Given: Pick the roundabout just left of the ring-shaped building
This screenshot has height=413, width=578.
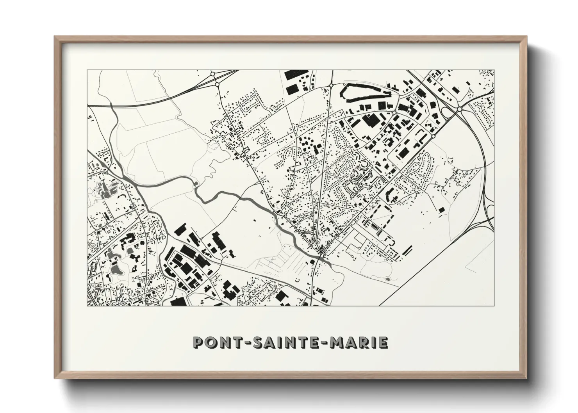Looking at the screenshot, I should coord(331,85).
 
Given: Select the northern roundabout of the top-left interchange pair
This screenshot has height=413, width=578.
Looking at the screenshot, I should coord(212,73).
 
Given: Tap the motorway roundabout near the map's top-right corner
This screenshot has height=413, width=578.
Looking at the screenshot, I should coord(460,110).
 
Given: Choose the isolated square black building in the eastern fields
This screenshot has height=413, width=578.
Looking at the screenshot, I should coord(442,210).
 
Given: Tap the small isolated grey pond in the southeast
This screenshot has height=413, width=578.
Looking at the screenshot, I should coord(387,279).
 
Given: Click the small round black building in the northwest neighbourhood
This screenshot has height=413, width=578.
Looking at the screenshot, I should coord(231,128).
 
